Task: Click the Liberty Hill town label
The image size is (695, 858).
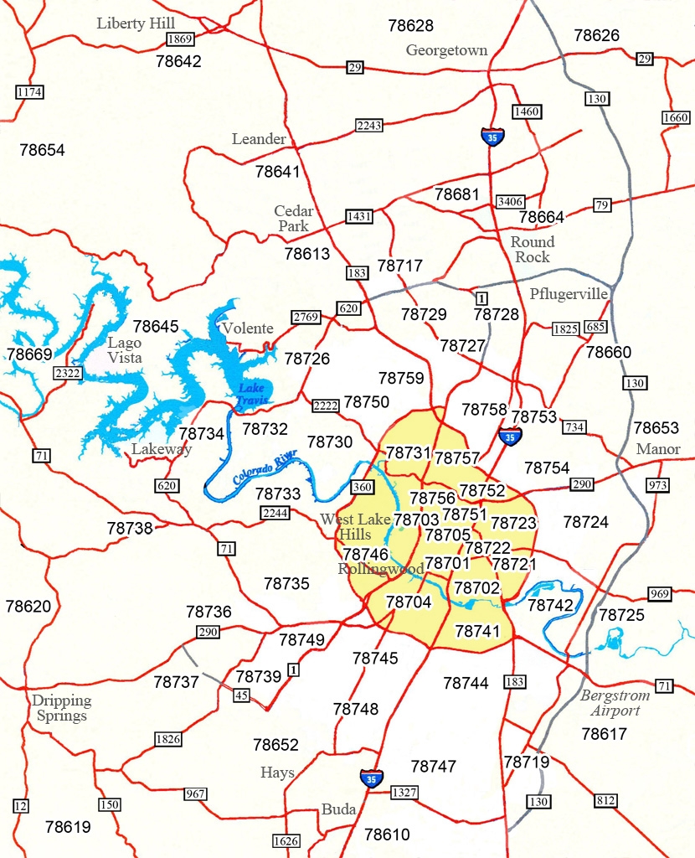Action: coord(136,23)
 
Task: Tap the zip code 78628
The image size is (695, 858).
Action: coord(411,26)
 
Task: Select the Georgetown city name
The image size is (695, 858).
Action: coord(446,50)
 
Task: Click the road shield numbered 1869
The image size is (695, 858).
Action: coord(180,39)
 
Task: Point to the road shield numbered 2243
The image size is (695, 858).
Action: coord(368,126)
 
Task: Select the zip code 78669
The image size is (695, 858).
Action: coord(29,354)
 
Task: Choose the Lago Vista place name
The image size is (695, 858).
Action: coord(124,350)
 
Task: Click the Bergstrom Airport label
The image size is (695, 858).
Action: coord(610,703)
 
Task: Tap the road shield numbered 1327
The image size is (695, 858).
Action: coord(403,792)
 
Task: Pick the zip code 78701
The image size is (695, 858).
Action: coord(447,563)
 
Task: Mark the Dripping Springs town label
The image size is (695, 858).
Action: coord(61,708)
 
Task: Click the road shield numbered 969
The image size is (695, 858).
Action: coord(660,594)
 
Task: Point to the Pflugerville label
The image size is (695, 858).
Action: coord(569,293)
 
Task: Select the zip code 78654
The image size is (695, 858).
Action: coord(42,151)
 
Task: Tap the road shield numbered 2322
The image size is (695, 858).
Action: coord(66,372)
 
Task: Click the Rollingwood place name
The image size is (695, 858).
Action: coord(369,569)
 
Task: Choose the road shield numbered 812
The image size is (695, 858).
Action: coord(605,800)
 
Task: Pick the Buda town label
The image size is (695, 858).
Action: coord(339,809)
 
